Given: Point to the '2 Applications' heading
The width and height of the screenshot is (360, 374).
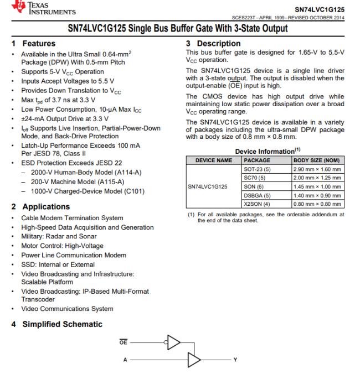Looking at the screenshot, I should (x=40, y=207).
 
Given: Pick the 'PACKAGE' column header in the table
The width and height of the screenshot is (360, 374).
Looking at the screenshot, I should (x=257, y=159).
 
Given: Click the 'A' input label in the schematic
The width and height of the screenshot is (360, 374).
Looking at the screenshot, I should (x=125, y=360).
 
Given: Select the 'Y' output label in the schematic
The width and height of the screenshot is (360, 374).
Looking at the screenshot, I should (x=235, y=360).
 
